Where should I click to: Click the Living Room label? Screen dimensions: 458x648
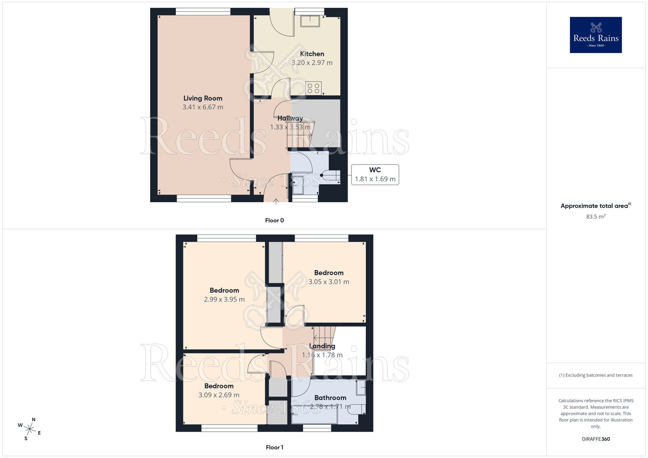pos(203,98)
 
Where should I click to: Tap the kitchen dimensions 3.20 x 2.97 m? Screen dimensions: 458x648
pos(312,63)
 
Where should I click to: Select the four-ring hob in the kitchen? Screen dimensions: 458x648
pos(313,88)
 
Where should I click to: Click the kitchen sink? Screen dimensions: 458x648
pos(310,21)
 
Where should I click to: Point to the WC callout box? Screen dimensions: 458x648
pos(375,175)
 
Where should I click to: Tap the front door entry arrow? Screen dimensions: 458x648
pos(276,202)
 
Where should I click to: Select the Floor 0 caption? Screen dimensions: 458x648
pos(274,221)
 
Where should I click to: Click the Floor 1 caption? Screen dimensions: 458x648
pos(274,447)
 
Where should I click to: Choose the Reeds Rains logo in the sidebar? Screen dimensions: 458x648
pos(596,35)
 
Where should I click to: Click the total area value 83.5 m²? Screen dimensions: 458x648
pos(596,217)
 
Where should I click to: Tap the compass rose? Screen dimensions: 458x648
pos(30,429)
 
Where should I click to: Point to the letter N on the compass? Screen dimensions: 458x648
pos(34,420)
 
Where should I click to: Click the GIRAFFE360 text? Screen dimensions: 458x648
pos(596,439)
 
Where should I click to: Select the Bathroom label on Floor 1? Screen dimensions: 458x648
pos(330,398)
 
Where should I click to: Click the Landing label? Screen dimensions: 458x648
pos(322,346)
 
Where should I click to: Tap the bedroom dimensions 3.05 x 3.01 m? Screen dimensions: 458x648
pos(329,282)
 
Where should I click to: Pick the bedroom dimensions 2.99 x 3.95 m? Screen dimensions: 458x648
pos(224,300)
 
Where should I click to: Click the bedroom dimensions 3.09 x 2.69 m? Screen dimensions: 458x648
pos(219,395)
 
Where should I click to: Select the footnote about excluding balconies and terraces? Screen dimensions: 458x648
pos(596,375)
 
